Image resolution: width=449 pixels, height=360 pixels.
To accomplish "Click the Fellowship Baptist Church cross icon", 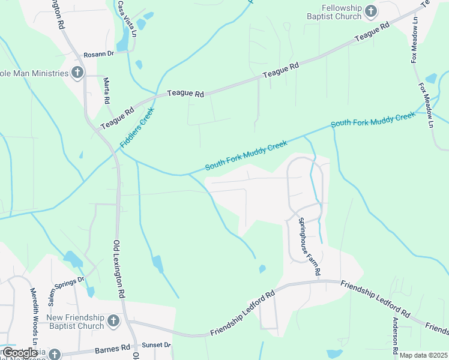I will pos(371,11).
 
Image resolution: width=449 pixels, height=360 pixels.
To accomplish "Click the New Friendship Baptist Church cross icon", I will pos(113,322).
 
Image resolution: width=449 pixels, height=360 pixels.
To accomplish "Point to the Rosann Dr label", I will pos(98,54).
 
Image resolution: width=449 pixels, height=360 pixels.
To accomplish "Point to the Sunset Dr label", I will pos(156,346).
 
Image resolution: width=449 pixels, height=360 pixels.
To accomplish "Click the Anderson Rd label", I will pos(394,335).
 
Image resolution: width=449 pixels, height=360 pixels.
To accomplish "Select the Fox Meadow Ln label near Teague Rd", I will pos(415,40).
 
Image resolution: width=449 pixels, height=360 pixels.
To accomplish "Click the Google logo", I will pos(20,353).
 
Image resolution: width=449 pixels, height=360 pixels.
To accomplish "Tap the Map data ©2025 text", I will pos(423,355).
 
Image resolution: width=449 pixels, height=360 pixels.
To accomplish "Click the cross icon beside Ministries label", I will pos(77,73).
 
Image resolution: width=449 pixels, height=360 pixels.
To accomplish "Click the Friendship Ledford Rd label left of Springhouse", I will pos(242,314).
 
